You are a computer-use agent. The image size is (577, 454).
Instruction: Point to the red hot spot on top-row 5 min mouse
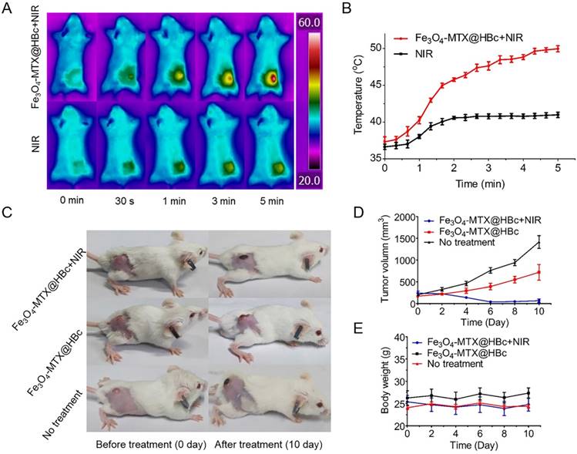tap(272, 80)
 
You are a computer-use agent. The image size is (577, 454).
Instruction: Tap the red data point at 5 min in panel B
tap(557, 48)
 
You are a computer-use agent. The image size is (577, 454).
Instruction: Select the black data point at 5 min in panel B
tap(557, 115)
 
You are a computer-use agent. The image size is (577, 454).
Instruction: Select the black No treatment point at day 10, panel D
tap(560, 243)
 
